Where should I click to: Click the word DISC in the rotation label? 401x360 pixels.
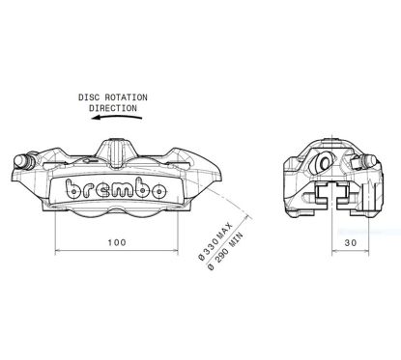click(92, 97)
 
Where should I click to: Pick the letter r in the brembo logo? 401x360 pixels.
click(87, 191)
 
